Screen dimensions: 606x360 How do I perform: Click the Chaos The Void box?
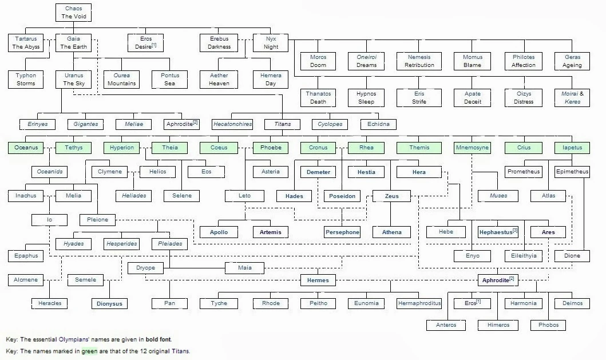[x=74, y=13]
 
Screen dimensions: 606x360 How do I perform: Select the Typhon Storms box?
[x=26, y=79]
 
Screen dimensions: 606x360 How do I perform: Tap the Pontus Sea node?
[x=170, y=79]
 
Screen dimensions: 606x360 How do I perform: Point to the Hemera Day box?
[x=271, y=79]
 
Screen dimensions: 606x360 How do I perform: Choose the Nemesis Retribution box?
[x=419, y=61]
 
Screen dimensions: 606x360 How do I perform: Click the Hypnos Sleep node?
[x=366, y=97]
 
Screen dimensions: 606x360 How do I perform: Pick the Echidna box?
[x=378, y=124]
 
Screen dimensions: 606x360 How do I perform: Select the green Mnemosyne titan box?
[x=472, y=148]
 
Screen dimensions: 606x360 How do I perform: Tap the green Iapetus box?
[x=572, y=148]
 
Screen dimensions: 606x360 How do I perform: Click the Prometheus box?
[x=524, y=172]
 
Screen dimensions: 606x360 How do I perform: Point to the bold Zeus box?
[x=391, y=196]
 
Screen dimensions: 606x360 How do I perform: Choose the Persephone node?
[x=342, y=232]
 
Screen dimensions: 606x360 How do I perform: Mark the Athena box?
[x=391, y=232]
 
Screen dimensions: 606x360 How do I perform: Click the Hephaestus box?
[x=498, y=232]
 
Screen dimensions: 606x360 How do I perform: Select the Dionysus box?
[x=109, y=303]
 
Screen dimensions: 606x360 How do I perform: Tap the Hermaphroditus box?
[x=419, y=303]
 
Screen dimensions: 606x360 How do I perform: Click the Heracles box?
[x=50, y=303]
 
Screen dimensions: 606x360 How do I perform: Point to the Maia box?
[x=244, y=267]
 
